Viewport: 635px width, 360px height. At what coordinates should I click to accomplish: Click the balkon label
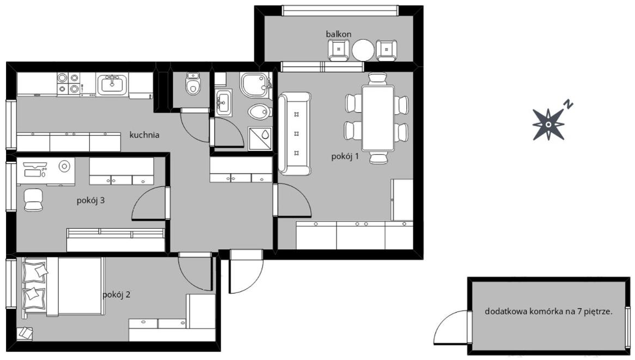339,34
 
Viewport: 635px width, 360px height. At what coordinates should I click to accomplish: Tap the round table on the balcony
363,50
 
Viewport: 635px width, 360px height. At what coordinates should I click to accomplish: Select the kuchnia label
144,135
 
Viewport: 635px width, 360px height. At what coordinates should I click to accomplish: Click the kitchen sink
112,84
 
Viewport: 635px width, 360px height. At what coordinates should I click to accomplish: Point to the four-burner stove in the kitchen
68,83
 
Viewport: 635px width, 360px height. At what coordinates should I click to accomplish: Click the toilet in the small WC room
193,83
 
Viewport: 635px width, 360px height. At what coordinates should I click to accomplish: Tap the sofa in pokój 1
295,133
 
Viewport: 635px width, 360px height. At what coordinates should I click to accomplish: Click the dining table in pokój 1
378,118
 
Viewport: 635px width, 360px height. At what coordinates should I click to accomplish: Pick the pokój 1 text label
345,156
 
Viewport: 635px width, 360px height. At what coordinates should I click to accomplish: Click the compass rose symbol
548,124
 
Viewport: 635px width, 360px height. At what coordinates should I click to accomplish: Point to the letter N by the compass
569,105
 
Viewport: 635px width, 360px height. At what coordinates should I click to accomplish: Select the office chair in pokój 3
33,200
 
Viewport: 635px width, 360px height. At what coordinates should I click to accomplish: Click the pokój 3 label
91,200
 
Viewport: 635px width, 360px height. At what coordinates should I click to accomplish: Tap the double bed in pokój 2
63,286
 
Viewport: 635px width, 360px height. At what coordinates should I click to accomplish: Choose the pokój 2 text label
116,295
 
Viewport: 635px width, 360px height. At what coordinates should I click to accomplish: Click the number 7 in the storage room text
583,312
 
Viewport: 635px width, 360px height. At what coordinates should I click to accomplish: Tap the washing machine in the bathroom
260,138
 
